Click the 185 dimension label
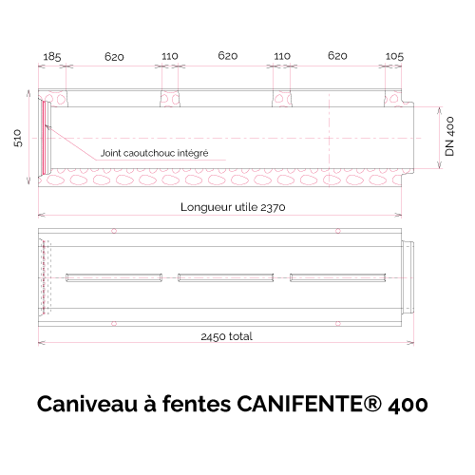pyautogui.click(x=52, y=57)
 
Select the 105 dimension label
pyautogui.click(x=394, y=57)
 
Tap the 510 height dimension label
pyautogui.click(x=18, y=138)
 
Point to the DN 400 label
pyautogui.click(x=449, y=137)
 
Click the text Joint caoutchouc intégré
pyautogui.click(x=154, y=153)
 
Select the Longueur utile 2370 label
pyautogui.click(x=233, y=207)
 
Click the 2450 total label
pyautogui.click(x=227, y=336)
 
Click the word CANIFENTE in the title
pyautogui.click(x=299, y=405)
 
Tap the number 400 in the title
pyautogui.click(x=408, y=405)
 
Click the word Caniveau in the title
pyautogui.click(x=87, y=405)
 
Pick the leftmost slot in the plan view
pyautogui.click(x=114, y=277)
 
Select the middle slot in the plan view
pyautogui.click(x=226, y=277)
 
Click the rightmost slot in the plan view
pyautogui.click(x=338, y=277)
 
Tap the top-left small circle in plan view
pyautogui.click(x=114, y=231)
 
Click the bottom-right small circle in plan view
pyautogui.click(x=338, y=323)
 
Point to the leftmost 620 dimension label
pyautogui.click(x=114, y=57)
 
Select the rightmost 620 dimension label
pyautogui.click(x=337, y=56)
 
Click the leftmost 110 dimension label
pyautogui.click(x=170, y=57)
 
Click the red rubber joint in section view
pyautogui.click(x=45, y=138)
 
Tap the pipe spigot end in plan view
pyautogui.click(x=408, y=277)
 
